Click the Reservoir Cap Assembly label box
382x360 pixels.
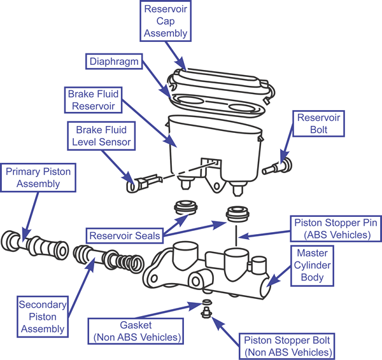tap(166, 21)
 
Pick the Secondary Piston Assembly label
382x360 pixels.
tap(41, 316)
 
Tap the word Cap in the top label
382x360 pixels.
tap(166, 21)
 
